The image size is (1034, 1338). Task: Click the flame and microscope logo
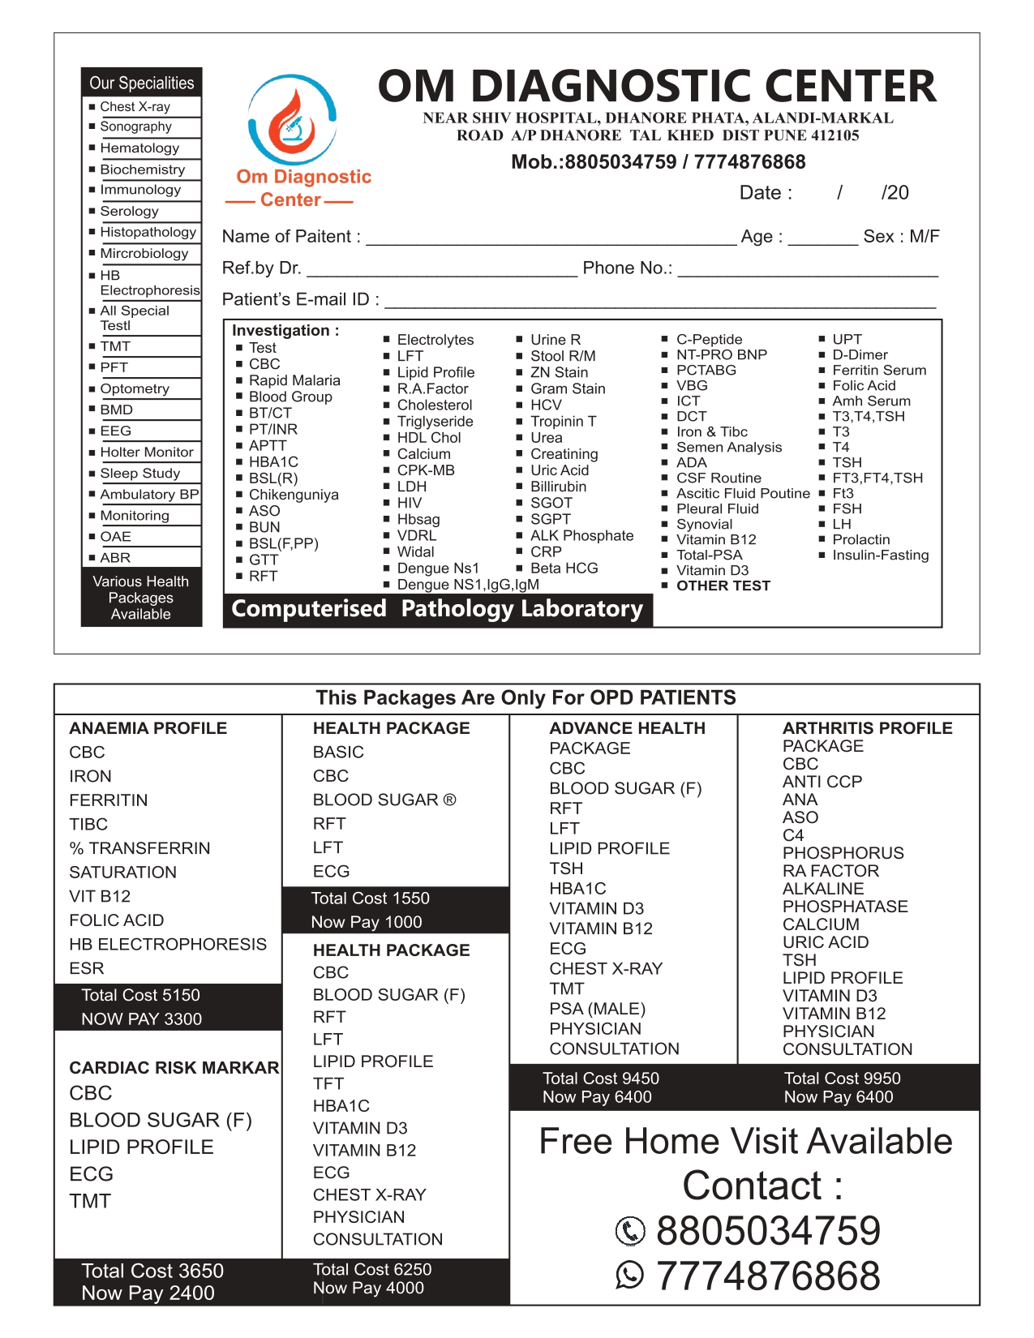(291, 122)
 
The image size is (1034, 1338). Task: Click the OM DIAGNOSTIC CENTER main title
(657, 86)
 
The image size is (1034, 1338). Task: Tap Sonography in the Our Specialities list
(135, 127)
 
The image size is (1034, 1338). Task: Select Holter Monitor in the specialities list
(147, 452)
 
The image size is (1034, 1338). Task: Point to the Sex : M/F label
(901, 237)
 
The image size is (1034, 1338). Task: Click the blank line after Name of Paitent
(551, 238)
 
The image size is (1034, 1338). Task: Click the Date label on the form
(766, 193)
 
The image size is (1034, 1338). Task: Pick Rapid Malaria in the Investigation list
(294, 380)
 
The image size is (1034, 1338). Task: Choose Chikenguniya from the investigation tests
(294, 495)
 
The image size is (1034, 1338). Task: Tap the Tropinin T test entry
(563, 422)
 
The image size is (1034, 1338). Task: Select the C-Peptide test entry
(709, 340)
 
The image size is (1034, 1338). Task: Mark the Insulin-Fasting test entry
(880, 555)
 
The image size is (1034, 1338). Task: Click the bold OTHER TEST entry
(723, 585)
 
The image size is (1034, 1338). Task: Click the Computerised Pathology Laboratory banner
(437, 609)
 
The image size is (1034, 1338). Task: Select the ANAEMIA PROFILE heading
(148, 728)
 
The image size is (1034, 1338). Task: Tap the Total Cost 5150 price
(140, 995)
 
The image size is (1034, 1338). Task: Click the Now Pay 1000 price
(367, 922)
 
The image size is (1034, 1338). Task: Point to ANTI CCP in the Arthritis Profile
(822, 782)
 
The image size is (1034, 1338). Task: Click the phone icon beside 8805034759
(630, 1231)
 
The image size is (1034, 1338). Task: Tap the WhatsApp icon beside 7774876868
(630, 1276)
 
